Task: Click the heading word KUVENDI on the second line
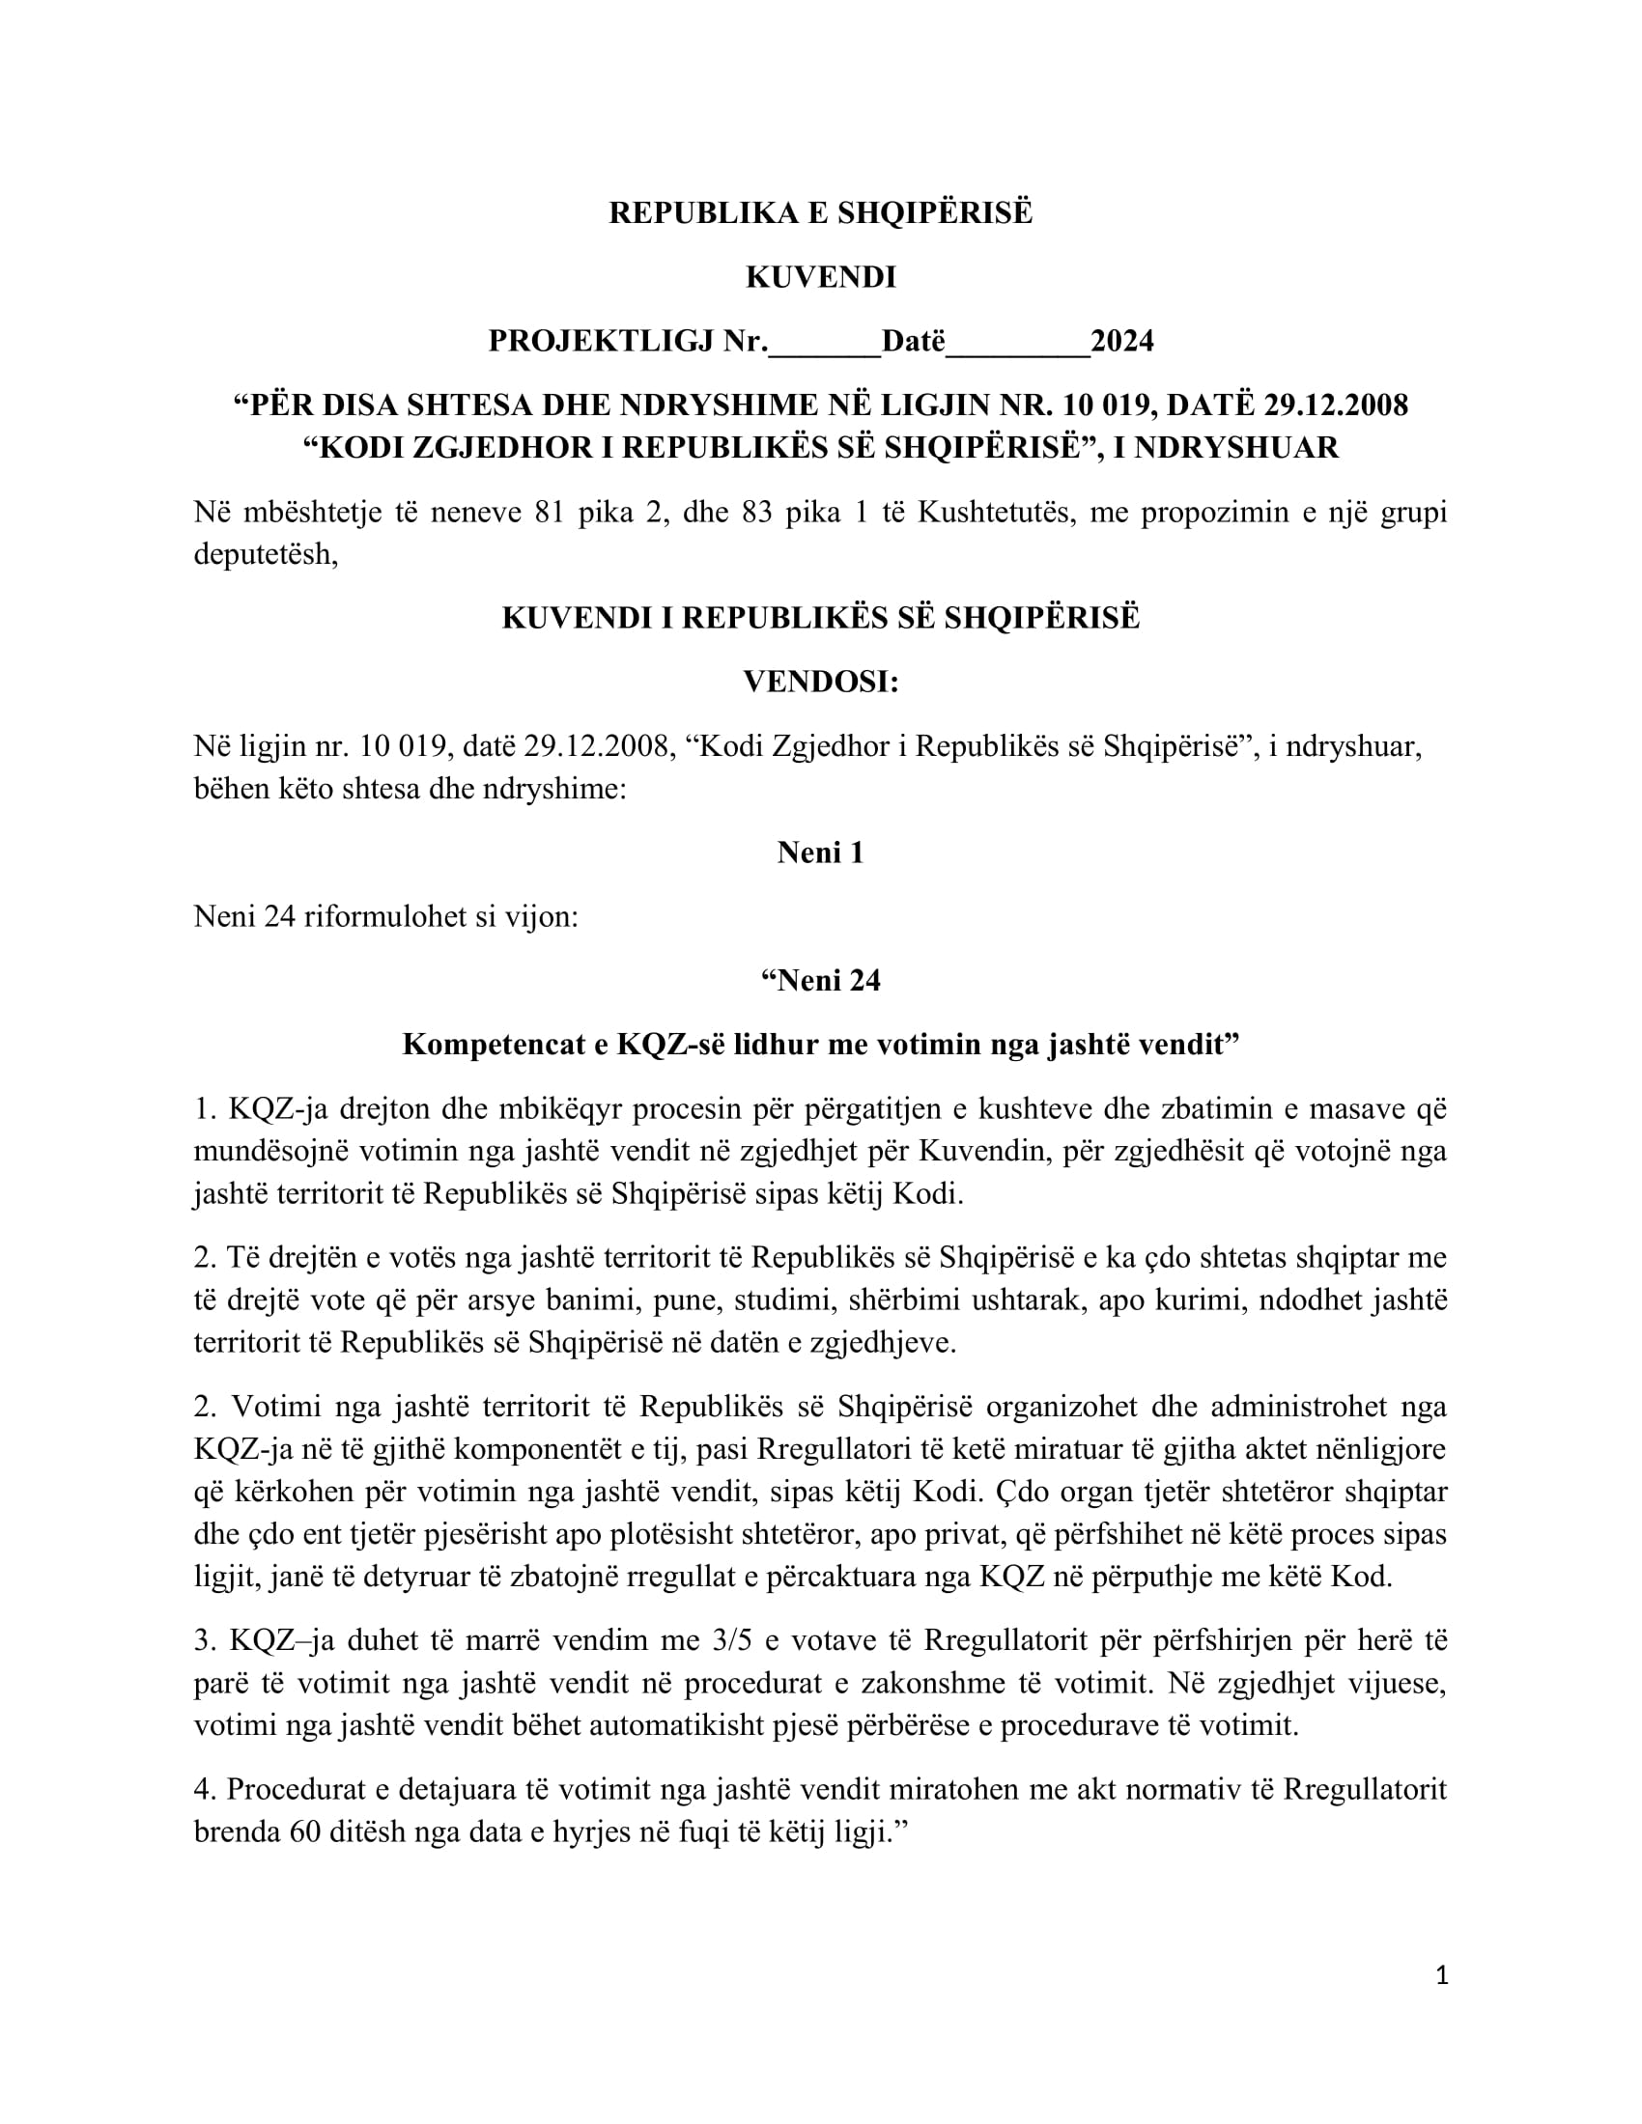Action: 820,277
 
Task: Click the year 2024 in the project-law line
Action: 1121,342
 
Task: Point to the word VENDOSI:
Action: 820,682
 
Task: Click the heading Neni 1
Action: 820,852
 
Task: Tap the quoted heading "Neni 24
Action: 820,980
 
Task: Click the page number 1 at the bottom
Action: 1442,1975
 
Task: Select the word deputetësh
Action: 265,555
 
